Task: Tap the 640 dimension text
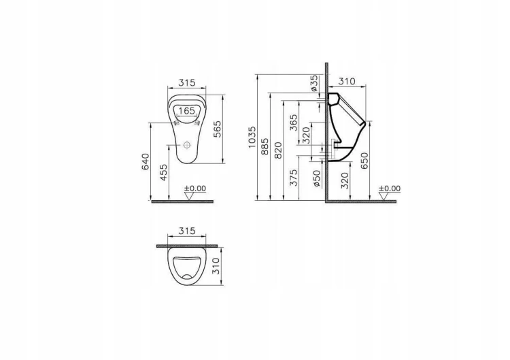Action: (146, 161)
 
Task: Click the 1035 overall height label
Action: (252, 137)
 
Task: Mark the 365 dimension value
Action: (294, 122)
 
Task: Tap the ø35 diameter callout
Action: (313, 83)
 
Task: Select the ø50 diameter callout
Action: (317, 178)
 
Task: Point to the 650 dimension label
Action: (365, 160)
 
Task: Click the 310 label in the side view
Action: (347, 82)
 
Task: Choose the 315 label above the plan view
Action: (187, 231)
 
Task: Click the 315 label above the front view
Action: (187, 82)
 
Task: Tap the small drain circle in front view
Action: (188, 145)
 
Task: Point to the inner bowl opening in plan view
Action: (187, 268)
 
